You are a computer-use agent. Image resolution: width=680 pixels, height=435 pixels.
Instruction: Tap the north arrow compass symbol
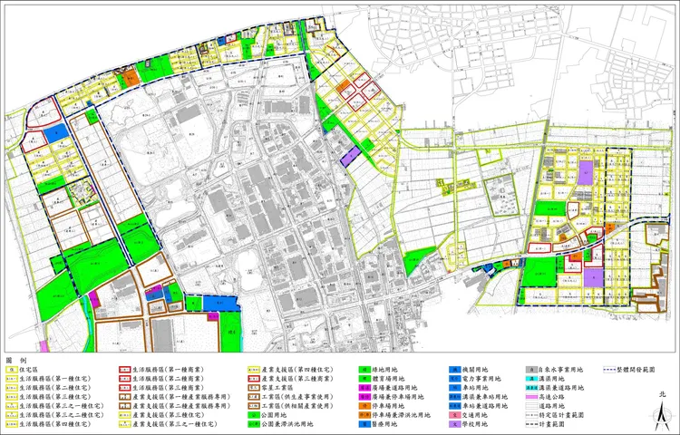663,412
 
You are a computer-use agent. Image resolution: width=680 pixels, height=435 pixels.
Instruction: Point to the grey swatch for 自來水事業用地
529,370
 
